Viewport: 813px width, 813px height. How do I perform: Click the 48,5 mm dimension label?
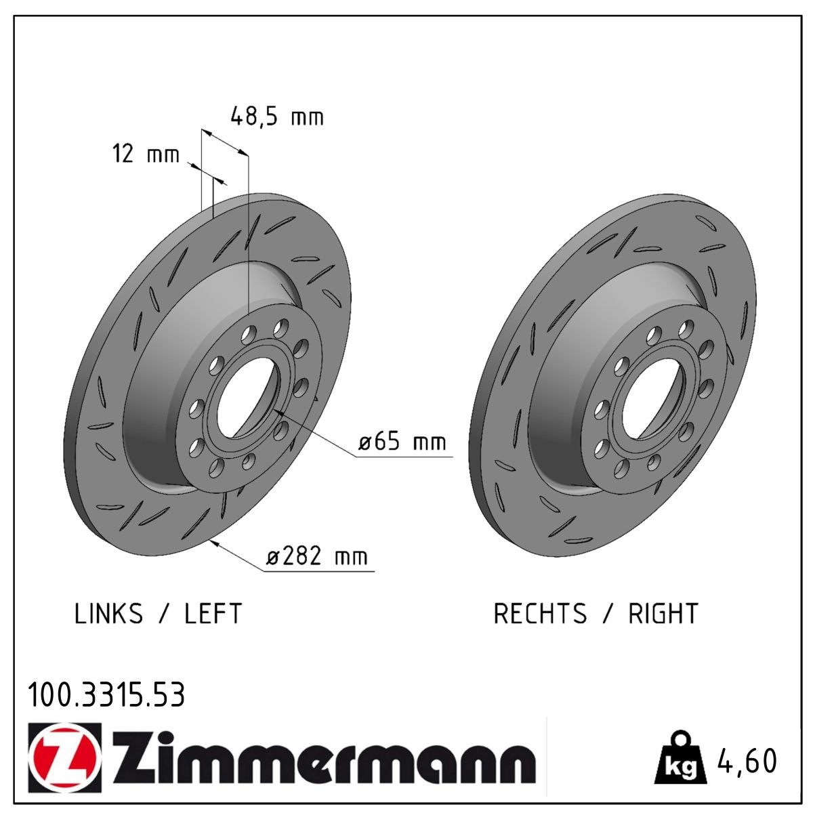[x=277, y=116]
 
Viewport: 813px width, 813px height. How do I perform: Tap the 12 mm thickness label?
[x=146, y=153]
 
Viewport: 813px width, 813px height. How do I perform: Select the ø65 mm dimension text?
[x=402, y=442]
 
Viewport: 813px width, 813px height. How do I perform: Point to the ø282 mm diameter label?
[x=316, y=556]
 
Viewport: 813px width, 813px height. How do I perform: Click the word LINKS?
[x=109, y=613]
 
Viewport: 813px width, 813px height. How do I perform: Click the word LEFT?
[x=213, y=613]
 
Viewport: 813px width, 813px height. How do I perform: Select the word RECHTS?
[x=540, y=613]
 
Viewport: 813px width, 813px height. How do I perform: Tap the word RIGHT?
[x=663, y=613]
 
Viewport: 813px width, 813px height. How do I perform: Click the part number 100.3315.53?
[x=106, y=695]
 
